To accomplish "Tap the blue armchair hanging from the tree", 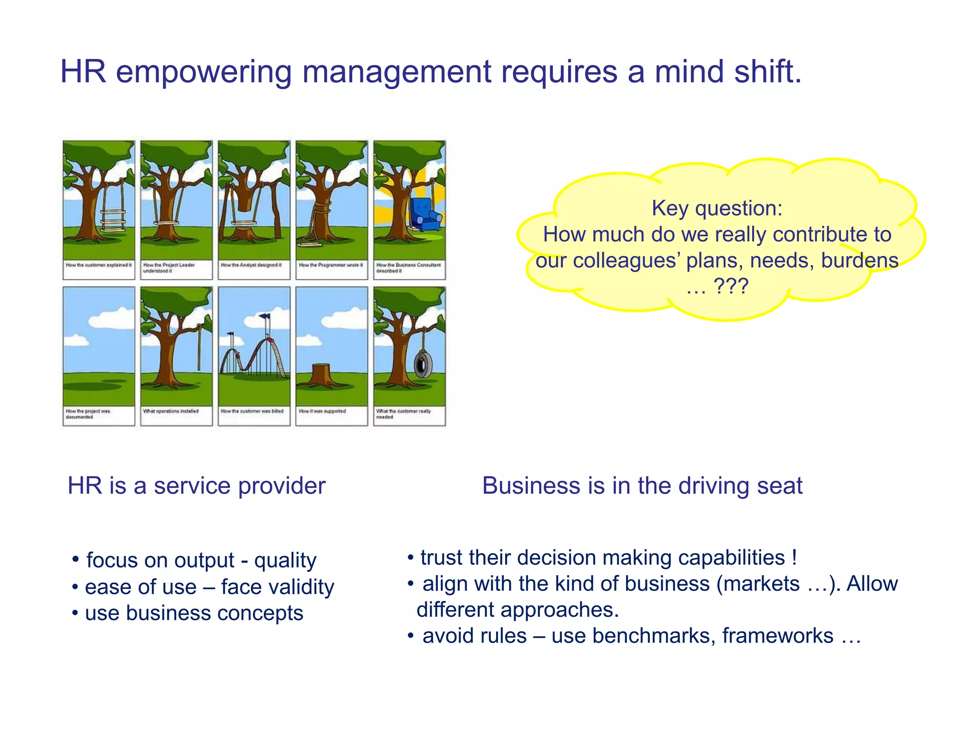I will coord(425,214).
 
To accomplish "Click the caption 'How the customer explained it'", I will coord(99,265).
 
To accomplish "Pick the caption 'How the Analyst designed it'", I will coord(251,265).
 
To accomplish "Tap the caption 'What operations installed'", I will coord(170,411).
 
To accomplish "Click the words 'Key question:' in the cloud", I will coord(716,208).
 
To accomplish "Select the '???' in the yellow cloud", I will coord(731,286).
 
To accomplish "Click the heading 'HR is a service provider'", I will coord(196,486).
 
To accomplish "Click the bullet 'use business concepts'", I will coord(194,613).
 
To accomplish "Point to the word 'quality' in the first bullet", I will coord(285,560).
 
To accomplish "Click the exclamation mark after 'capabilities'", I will coord(794,558).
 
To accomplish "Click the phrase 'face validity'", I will coord(278,587).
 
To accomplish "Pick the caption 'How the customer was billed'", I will coord(252,411).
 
